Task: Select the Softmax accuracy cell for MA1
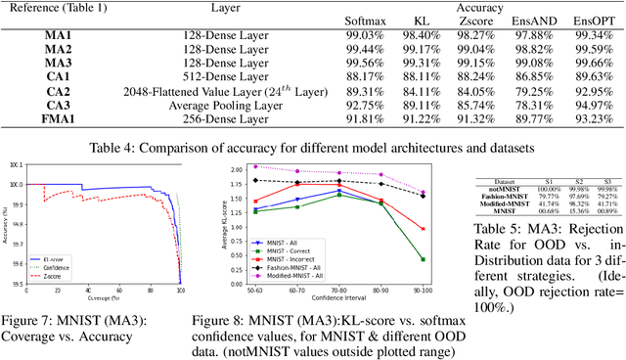pos(345,34)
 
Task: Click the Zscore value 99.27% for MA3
pos(460,62)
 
